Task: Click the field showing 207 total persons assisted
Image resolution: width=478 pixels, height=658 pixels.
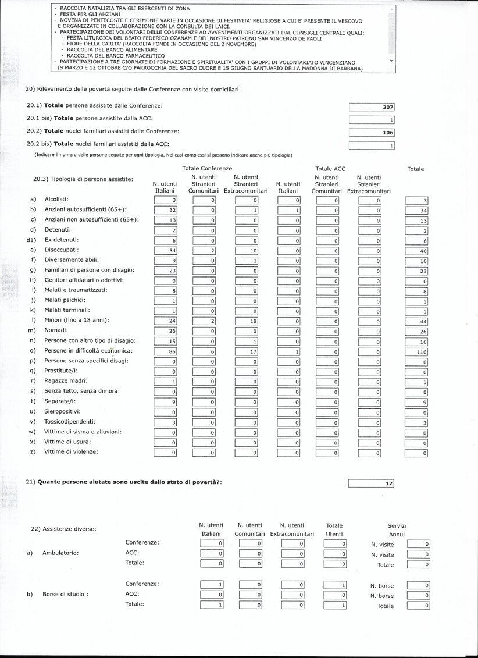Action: [x=372, y=107]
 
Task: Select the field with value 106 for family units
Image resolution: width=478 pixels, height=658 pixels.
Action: [x=372, y=133]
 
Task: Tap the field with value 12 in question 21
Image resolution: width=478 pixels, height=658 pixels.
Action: [x=371, y=483]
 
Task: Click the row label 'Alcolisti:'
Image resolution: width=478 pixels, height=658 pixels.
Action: [x=56, y=200]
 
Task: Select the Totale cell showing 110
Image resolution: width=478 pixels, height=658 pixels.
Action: [x=416, y=352]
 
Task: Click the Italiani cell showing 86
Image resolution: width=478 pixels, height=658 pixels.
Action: [x=166, y=351]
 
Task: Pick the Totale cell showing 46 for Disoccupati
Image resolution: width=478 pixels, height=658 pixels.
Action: [x=416, y=251]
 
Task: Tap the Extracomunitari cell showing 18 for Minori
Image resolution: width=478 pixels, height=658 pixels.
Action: [x=247, y=321]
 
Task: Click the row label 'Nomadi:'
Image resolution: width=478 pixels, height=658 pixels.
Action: [x=56, y=330]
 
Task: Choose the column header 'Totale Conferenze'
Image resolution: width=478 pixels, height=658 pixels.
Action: [x=208, y=168]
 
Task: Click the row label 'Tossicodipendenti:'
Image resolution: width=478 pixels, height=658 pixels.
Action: [x=70, y=421]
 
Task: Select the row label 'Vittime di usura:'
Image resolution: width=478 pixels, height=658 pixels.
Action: [x=68, y=442]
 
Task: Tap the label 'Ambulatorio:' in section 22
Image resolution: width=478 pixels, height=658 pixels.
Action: [x=60, y=553]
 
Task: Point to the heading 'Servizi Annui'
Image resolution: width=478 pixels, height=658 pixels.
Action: [x=397, y=529]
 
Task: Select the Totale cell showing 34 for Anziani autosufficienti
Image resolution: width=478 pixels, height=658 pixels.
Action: [x=416, y=210]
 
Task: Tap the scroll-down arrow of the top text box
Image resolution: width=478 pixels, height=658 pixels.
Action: [x=391, y=61]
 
